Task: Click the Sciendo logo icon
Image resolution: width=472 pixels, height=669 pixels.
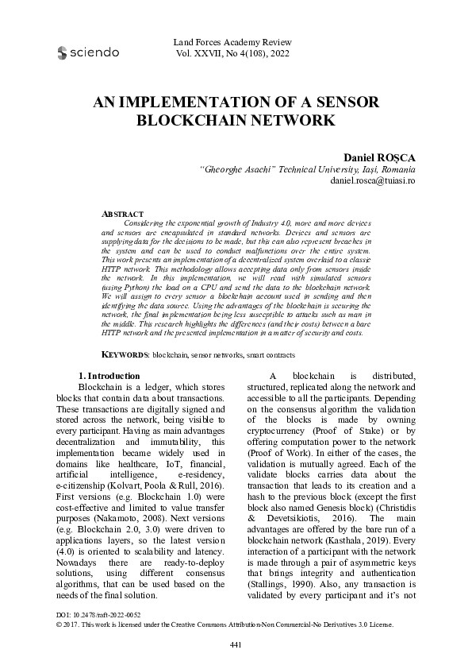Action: click(63, 53)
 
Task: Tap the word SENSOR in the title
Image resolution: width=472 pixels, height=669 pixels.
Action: click(342, 103)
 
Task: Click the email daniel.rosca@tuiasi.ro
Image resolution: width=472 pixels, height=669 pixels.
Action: click(371, 181)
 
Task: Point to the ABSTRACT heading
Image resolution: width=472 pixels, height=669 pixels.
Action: click(124, 215)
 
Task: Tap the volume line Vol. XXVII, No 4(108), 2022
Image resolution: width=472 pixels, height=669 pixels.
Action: click(237, 54)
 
